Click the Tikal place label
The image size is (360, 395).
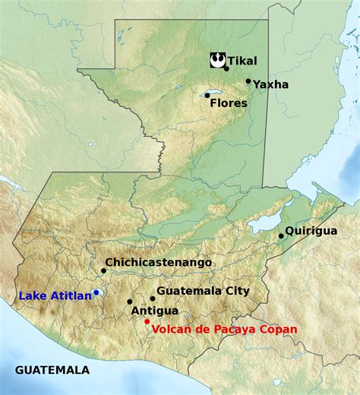(243, 61)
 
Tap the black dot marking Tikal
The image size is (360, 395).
(226, 68)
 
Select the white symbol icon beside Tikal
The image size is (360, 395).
(216, 58)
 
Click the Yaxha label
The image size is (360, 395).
(271, 84)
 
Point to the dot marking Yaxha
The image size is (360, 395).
(248, 81)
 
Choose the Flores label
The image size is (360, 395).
(229, 103)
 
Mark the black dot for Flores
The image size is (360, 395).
(207, 95)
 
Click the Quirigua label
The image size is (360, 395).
(311, 230)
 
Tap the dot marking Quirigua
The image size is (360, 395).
(281, 235)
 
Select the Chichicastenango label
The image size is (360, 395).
(159, 262)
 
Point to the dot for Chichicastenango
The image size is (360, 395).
(103, 270)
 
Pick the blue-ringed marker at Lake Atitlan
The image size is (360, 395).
(96, 292)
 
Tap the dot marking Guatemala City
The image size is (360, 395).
(153, 299)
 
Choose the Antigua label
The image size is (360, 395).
(155, 311)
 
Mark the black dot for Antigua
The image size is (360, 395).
(130, 302)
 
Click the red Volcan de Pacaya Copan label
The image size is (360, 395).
(225, 329)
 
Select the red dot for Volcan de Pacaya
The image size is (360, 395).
(147, 321)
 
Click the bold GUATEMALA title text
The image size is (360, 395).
(52, 370)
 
